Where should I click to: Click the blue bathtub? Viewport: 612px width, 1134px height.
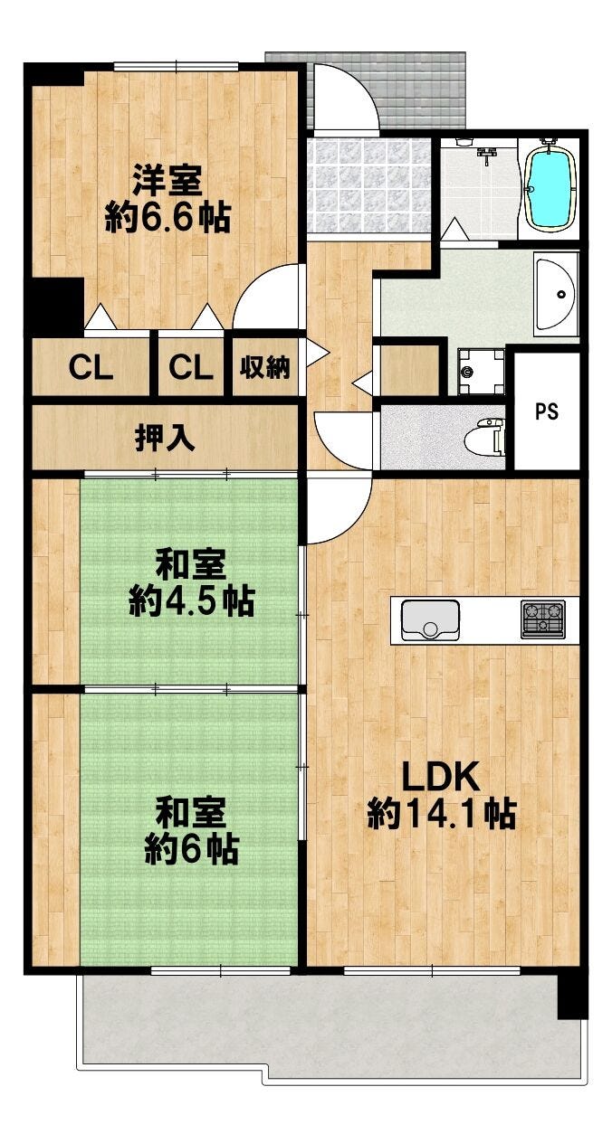(x=550, y=188)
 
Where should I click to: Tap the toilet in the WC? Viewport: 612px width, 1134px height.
(x=486, y=433)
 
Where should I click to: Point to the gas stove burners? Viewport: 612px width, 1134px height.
(x=542, y=619)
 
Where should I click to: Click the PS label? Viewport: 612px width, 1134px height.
(x=547, y=411)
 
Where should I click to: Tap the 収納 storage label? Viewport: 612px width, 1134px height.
(x=264, y=367)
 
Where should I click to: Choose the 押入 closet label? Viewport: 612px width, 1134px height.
(x=165, y=438)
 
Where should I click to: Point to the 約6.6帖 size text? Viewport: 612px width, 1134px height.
(x=167, y=217)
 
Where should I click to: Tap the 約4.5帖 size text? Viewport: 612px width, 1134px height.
(x=191, y=601)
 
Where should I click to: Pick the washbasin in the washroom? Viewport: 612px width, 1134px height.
(x=556, y=293)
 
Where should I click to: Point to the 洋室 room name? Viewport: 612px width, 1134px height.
(x=167, y=181)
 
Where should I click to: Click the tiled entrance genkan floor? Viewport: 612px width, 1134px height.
(x=368, y=185)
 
